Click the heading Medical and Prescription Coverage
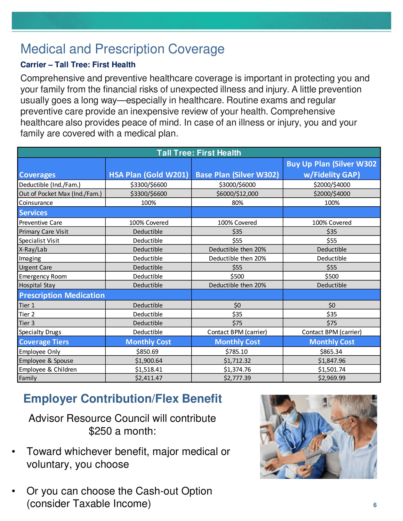click(122, 49)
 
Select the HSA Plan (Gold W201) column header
click(148, 175)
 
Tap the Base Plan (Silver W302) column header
click(237, 175)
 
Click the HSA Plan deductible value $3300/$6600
click(148, 185)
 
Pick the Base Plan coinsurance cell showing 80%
click(237, 203)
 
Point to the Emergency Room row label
click(43, 276)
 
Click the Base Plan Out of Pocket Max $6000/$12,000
click(237, 194)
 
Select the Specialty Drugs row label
click(40, 332)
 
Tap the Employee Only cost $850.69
click(148, 352)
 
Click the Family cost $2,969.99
click(332, 378)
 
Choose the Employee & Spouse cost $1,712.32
click(237, 361)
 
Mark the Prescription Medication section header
click(62, 295)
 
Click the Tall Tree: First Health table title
click(199, 153)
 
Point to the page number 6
click(375, 505)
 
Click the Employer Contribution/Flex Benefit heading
click(122, 399)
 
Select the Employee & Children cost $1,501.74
click(332, 370)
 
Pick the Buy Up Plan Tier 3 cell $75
click(332, 323)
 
